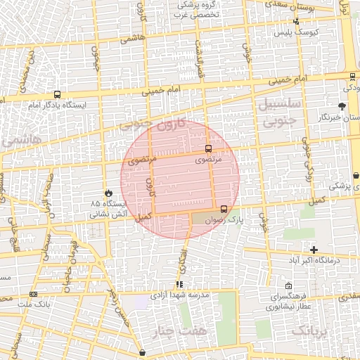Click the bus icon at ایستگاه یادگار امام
point(57,94)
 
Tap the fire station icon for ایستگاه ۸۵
point(108,192)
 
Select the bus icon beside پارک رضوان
point(224,209)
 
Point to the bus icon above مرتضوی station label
point(208,148)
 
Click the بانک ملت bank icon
point(34,294)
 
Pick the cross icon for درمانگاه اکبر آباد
point(314,250)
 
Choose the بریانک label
point(309,330)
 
